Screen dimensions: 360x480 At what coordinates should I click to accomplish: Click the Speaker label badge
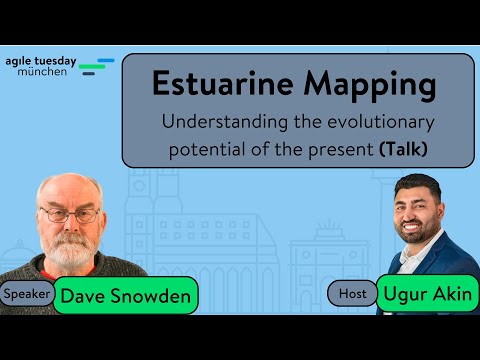tap(27, 294)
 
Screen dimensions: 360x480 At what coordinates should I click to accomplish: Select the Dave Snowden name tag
tap(125, 295)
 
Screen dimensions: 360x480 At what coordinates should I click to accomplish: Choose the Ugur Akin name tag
tap(427, 294)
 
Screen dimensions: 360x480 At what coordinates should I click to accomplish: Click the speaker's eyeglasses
tap(70, 214)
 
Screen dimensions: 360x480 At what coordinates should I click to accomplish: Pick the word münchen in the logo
tap(43, 72)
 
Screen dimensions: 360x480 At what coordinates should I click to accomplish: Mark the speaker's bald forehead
tap(68, 190)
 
